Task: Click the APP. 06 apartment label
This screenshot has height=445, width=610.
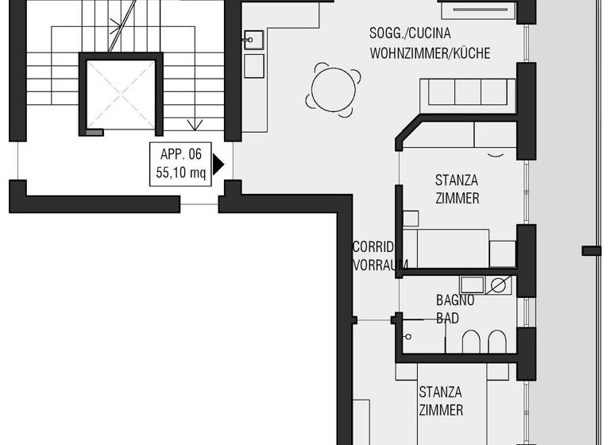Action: pos(181,156)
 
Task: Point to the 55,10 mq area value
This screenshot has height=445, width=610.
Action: pos(181,172)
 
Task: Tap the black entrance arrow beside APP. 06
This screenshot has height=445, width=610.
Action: pos(218,164)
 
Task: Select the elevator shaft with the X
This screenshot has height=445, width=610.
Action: pos(122,93)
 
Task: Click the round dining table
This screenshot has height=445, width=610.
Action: pos(333,88)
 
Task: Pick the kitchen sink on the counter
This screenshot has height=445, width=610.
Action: pos(253,40)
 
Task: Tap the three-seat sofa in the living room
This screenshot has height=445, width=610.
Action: pos(466,93)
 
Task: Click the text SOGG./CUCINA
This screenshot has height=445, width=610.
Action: pos(410,33)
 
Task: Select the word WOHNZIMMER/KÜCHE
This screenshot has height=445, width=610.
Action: pos(430,53)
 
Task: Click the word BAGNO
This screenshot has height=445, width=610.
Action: pos(455,300)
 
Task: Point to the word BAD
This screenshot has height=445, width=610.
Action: pos(448,318)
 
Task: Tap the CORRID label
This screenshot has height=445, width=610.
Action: pos(373,247)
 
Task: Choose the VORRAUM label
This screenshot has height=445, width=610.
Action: pos(380,265)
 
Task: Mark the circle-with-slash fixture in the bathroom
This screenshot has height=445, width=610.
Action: pos(500,284)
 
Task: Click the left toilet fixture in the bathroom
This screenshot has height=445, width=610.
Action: pos(470,342)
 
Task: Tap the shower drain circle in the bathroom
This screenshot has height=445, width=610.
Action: pos(407,336)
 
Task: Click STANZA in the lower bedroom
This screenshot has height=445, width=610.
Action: pos(440,392)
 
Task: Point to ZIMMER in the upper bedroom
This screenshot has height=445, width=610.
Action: pos(457,198)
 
